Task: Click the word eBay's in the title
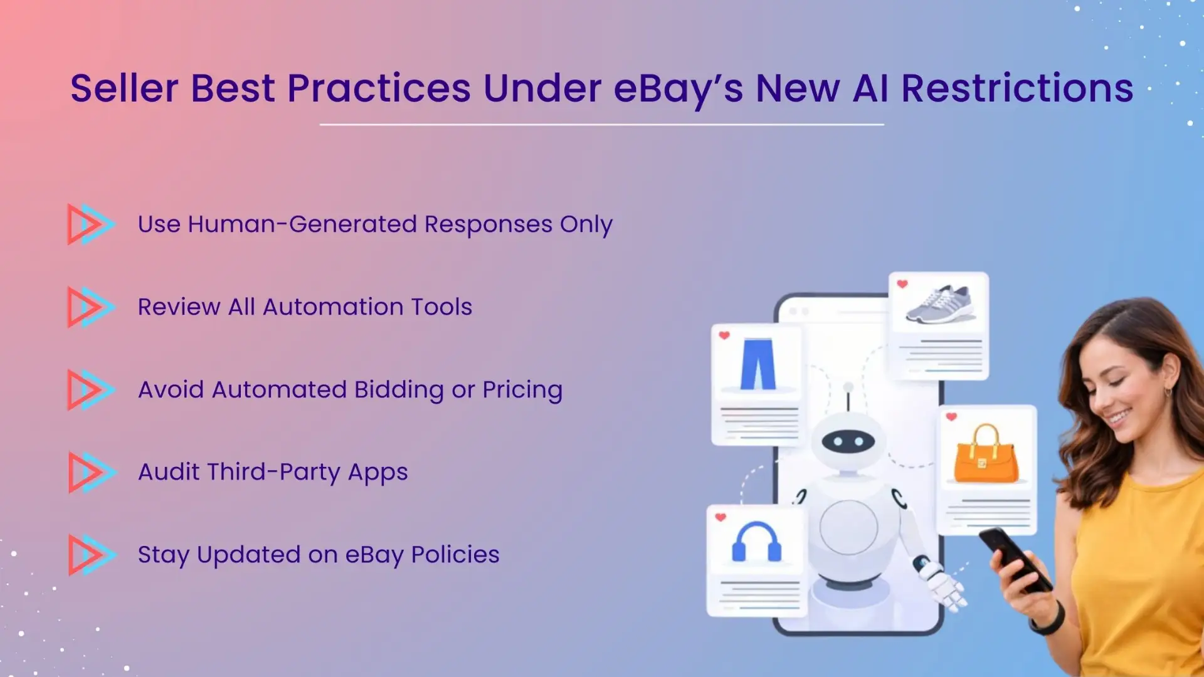click(678, 88)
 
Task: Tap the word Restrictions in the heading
click(1017, 88)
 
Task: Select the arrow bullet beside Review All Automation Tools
click(90, 307)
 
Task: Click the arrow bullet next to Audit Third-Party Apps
click(92, 472)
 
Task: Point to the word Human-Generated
click(302, 224)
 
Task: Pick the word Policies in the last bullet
click(455, 555)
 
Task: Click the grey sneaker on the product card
click(940, 305)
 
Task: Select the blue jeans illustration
click(758, 364)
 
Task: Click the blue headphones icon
click(756, 542)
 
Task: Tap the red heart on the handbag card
click(951, 417)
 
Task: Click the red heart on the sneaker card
click(902, 284)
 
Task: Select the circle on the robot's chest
click(848, 527)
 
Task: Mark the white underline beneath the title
click(601, 125)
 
